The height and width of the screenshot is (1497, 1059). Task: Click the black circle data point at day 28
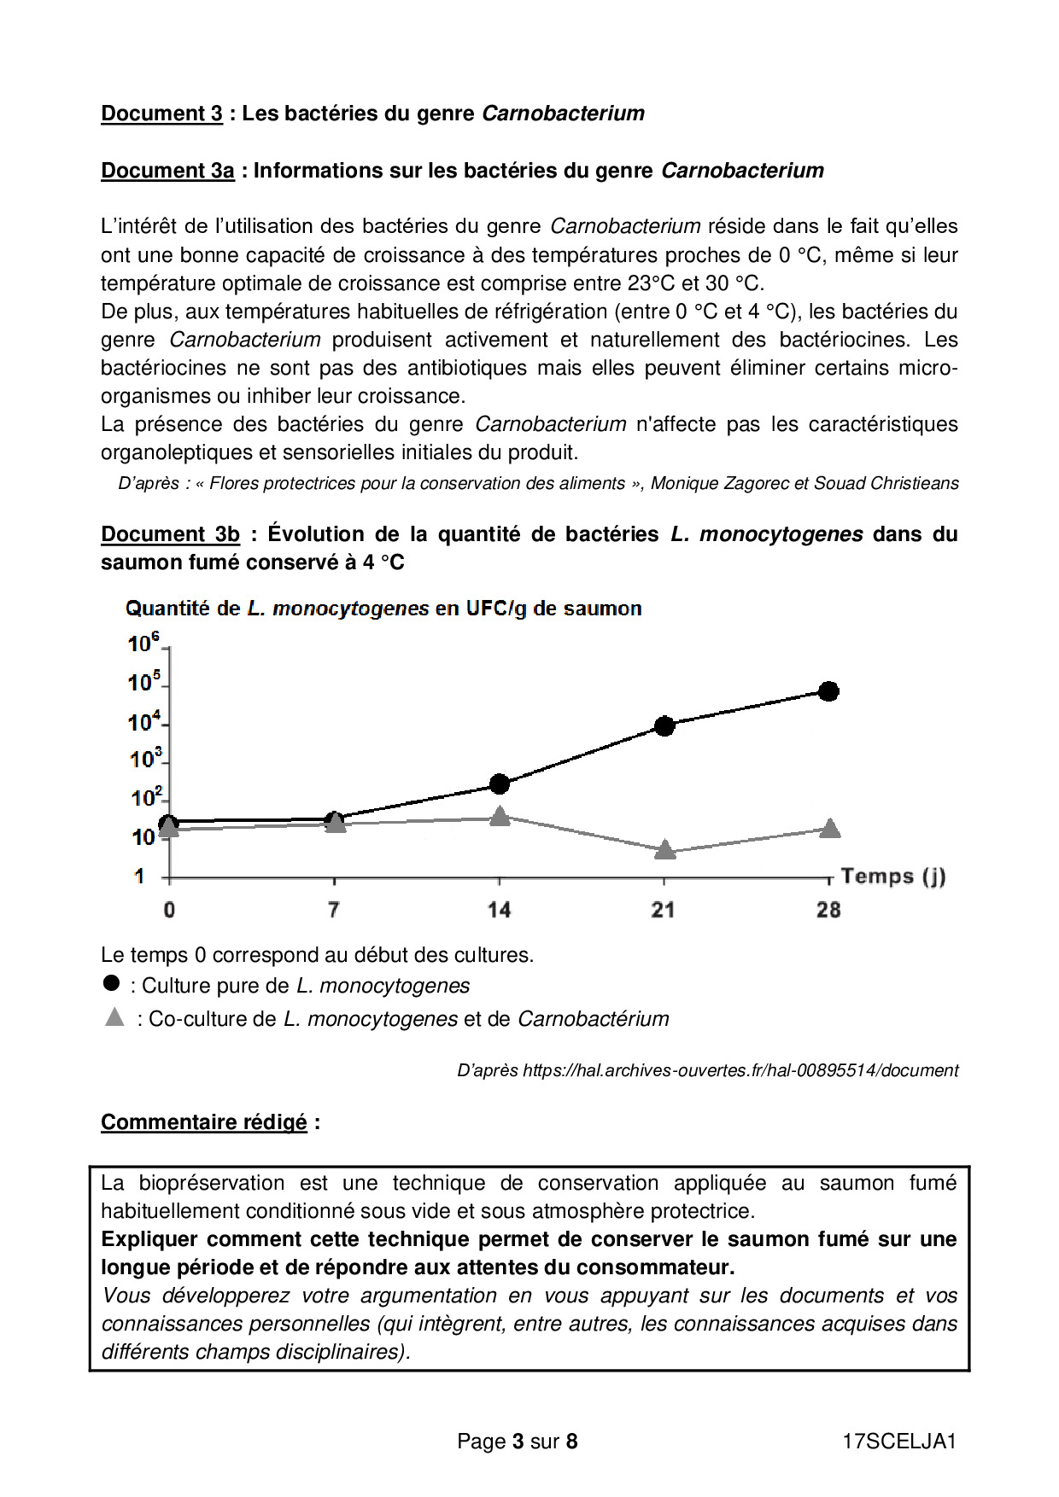[x=828, y=691]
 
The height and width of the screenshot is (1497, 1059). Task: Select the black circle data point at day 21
[x=664, y=726]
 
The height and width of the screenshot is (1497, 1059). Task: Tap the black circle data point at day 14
[x=500, y=783]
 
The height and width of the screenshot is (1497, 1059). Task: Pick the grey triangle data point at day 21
[x=664, y=849]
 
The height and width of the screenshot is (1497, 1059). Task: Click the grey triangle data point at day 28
[x=829, y=828]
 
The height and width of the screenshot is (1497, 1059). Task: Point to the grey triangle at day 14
[x=500, y=817]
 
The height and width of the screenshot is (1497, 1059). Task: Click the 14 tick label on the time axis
[x=499, y=910]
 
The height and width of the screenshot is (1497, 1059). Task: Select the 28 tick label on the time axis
[x=828, y=910]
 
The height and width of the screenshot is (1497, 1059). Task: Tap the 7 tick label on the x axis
[x=334, y=910]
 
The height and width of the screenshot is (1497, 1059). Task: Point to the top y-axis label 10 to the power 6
[x=143, y=643]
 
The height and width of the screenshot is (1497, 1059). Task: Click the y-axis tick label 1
[x=139, y=877]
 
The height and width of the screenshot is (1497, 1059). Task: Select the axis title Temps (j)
[x=892, y=877]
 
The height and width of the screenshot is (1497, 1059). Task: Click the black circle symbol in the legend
[x=111, y=983]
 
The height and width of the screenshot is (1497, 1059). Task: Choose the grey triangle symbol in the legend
[x=114, y=1017]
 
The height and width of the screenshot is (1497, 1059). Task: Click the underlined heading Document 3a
[x=167, y=171]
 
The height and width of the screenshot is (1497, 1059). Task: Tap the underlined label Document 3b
[x=170, y=534]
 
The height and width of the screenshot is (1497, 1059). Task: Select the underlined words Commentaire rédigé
[x=203, y=1122]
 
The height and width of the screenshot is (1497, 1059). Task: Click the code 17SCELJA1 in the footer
[x=899, y=1442]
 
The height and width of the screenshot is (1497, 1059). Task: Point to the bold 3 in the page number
[x=518, y=1442]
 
